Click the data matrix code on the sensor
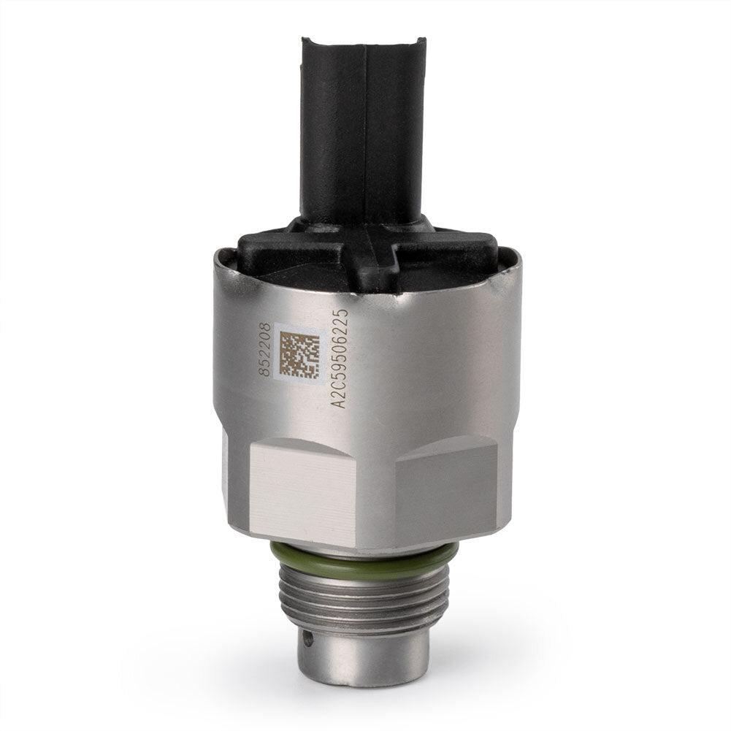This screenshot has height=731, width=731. click(299, 354)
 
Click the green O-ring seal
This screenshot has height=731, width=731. click(364, 559)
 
